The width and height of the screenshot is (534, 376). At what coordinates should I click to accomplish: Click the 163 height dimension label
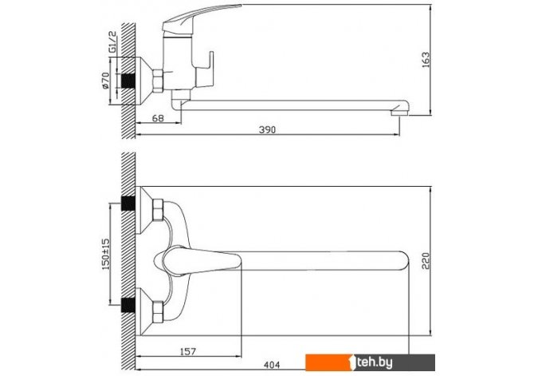pos(426,60)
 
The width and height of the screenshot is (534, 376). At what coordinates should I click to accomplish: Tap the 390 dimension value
pos(267,130)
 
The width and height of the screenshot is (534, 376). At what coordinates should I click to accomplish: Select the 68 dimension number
pos(158,118)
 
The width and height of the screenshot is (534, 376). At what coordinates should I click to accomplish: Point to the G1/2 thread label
pos(112,42)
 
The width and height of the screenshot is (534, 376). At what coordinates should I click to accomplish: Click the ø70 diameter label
pos(105,81)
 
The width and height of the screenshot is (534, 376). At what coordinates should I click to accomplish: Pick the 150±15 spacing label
pos(106,254)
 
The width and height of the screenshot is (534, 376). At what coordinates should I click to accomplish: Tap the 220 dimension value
pos(426,261)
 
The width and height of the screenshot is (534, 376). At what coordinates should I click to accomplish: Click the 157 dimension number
pos(187,351)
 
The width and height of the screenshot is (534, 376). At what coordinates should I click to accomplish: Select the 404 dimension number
pos(272,365)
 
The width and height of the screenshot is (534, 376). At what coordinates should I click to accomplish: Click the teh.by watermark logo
pos(370,362)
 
